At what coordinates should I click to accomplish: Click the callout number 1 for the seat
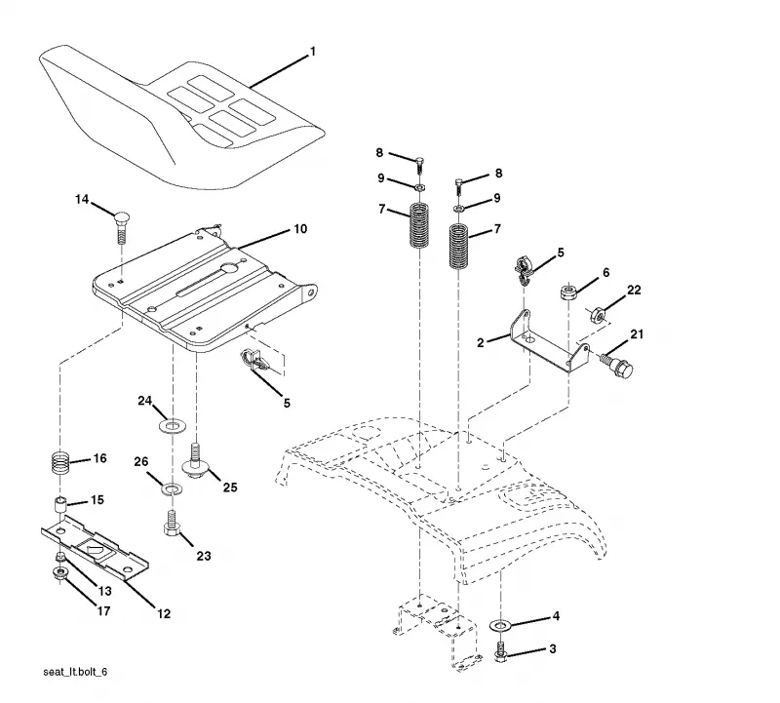click(x=313, y=52)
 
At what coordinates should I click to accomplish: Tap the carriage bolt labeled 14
click(x=120, y=227)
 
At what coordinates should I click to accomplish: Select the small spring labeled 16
click(x=60, y=463)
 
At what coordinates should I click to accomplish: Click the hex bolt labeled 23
click(x=172, y=524)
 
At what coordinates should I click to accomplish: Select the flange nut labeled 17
click(x=59, y=573)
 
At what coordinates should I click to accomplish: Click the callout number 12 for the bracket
click(x=164, y=614)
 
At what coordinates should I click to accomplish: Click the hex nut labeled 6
click(x=567, y=292)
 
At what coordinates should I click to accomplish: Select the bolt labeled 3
click(x=500, y=652)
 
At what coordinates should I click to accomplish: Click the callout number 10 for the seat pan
click(x=300, y=229)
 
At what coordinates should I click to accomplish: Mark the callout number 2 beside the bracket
click(x=480, y=343)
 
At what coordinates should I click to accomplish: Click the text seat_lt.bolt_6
click(x=75, y=672)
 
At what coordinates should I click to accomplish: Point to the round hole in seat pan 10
click(x=229, y=268)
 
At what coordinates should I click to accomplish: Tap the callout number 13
click(x=104, y=591)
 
